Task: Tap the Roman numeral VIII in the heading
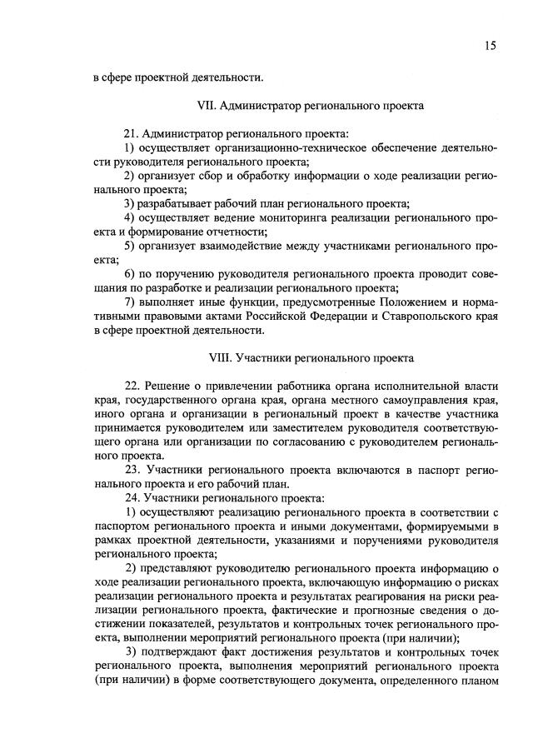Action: [x=218, y=360]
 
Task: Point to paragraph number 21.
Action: [x=132, y=134]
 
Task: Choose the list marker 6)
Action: [x=130, y=275]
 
